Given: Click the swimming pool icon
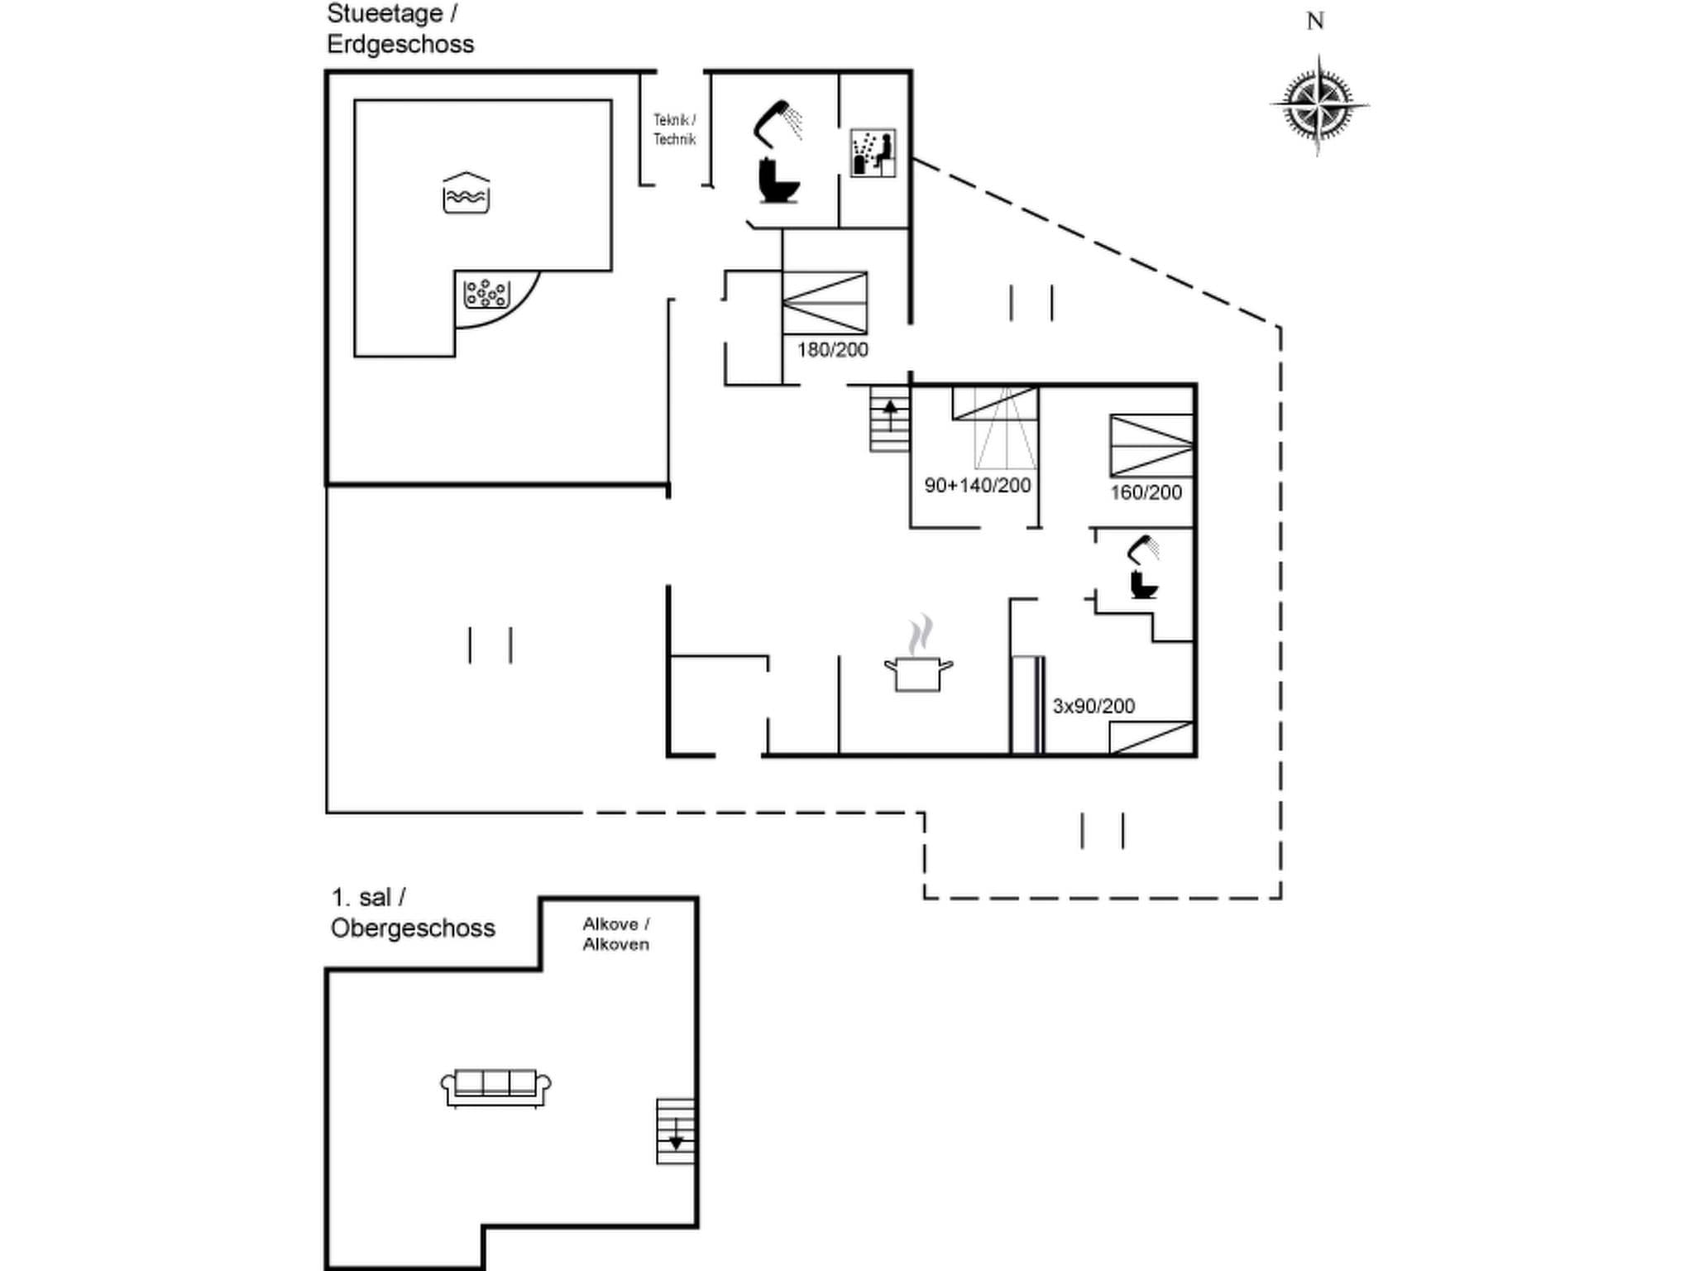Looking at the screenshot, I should click(x=466, y=194).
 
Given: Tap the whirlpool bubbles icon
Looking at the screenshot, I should click(x=486, y=293).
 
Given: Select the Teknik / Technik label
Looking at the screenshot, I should click(x=674, y=130).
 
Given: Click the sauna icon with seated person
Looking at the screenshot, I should click(x=873, y=153).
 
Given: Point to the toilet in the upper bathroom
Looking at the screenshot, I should click(x=778, y=181).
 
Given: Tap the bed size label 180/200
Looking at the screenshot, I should click(x=832, y=350).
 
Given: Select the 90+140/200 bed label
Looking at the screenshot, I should click(x=977, y=486).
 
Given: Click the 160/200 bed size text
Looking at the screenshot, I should click(x=1146, y=493).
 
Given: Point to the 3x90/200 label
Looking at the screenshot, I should click(x=1093, y=707).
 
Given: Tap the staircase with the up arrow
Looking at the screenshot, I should click(x=890, y=420).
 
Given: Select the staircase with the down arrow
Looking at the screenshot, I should click(x=676, y=1131).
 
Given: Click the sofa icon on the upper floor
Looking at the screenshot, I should click(x=495, y=1087).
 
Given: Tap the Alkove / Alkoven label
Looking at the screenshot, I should click(x=615, y=934).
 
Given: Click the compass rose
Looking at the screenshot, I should click(x=1318, y=105).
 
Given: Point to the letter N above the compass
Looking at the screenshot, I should click(x=1315, y=22).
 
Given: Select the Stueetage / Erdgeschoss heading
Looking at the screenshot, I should click(x=400, y=29).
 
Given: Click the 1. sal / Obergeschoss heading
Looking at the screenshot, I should click(x=412, y=914).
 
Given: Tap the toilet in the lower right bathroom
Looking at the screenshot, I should click(x=1143, y=585).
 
